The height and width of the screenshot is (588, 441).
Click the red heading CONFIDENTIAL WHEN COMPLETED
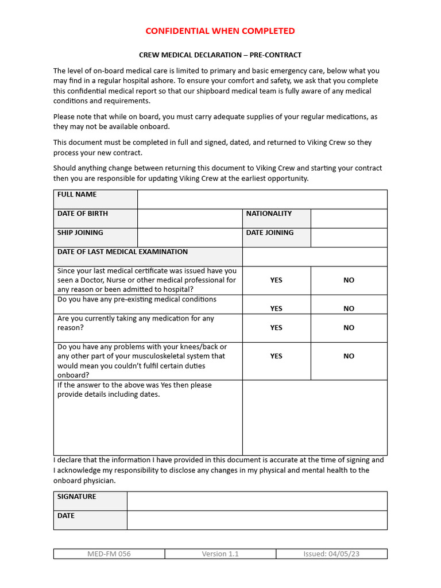tap(220, 31)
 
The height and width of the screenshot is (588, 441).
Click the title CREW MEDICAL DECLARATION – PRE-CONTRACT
tap(220, 55)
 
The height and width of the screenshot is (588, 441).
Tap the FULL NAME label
tap(77, 195)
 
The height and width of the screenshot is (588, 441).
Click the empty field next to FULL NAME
tap(262, 199)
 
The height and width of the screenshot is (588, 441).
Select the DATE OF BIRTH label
tap(83, 214)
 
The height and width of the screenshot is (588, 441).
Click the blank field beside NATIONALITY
tap(349, 218)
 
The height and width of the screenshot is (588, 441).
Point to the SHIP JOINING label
tap(80, 233)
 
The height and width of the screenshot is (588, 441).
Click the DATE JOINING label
tap(270, 233)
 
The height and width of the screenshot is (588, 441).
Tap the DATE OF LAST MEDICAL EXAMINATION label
tap(122, 252)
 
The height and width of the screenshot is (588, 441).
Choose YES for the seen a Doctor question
tap(276, 280)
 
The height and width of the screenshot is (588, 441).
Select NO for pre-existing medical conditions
tap(349, 308)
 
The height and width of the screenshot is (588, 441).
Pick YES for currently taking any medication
tap(276, 327)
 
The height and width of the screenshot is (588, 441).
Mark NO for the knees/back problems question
tap(349, 356)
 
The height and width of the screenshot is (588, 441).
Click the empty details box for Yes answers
tap(314, 417)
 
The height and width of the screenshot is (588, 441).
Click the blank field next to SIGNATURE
tap(257, 501)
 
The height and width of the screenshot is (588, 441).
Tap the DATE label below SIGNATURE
tap(66, 516)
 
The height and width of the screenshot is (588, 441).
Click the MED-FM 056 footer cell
tap(109, 554)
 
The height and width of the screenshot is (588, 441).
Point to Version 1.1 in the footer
tap(220, 554)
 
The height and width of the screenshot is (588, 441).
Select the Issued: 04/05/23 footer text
tap(331, 554)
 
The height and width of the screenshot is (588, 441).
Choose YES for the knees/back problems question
tap(276, 356)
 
